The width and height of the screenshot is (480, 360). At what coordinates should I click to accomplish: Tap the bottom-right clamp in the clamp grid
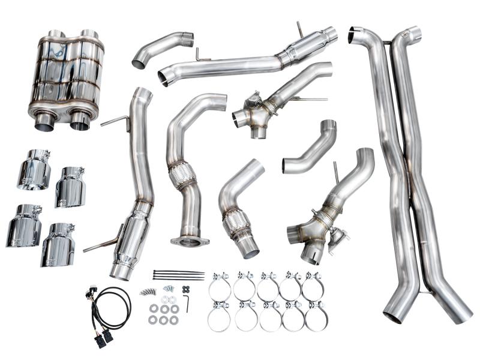coord(316,316)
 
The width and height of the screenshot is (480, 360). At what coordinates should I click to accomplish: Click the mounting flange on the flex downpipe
coord(190,241)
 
